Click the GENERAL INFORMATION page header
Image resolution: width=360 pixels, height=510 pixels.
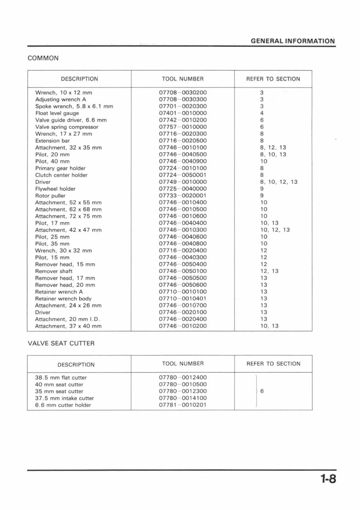pyautogui.click(x=293, y=41)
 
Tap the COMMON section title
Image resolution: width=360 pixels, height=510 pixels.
pyautogui.click(x=43, y=58)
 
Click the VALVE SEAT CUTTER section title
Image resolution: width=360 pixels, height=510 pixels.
pyautogui.click(x=61, y=343)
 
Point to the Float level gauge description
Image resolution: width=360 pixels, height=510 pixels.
pyautogui.click(x=57, y=113)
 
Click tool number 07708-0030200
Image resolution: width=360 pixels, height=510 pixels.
pyautogui.click(x=183, y=92)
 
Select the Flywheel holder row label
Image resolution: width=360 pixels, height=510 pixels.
pyautogui.click(x=55, y=189)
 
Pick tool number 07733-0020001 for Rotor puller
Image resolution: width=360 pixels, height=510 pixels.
pyautogui.click(x=183, y=195)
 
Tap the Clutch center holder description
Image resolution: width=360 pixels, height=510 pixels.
pyautogui.click(x=61, y=175)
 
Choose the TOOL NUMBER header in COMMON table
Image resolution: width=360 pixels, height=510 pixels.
pyautogui.click(x=183, y=79)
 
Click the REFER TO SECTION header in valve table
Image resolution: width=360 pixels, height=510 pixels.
pyautogui.click(x=273, y=363)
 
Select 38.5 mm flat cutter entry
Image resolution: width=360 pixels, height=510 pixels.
pyautogui.click(x=61, y=378)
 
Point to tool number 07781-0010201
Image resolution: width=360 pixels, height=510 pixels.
pyautogui.click(x=183, y=405)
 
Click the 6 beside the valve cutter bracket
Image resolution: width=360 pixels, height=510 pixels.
pyautogui.click(x=262, y=391)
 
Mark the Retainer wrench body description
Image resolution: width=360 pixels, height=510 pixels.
pyautogui.click(x=63, y=298)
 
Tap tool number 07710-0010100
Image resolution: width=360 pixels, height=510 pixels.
pyautogui.click(x=183, y=292)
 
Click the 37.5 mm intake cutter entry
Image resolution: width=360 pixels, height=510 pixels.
pyautogui.click(x=65, y=398)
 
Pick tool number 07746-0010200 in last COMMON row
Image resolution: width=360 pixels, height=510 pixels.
pyautogui.click(x=183, y=326)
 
